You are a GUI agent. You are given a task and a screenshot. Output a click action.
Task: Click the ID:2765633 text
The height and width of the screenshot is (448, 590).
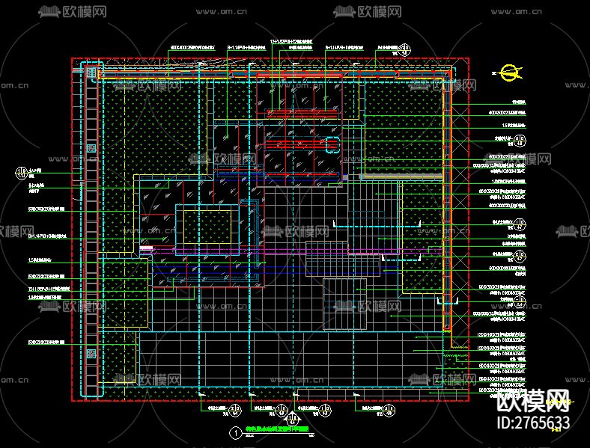click(534, 423)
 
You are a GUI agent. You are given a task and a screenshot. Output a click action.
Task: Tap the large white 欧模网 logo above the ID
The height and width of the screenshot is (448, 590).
click(534, 402)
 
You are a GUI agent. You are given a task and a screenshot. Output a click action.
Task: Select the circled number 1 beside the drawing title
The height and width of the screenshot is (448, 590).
click(237, 432)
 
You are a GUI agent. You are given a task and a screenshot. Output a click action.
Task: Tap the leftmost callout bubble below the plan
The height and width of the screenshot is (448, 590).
click(236, 409)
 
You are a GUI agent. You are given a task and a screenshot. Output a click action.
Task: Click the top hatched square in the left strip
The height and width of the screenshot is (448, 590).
click(91, 73)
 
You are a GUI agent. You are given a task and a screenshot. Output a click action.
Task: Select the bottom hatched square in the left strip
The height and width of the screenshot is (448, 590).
click(91, 352)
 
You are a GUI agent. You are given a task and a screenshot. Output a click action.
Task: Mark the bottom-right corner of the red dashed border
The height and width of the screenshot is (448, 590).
click(471, 402)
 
